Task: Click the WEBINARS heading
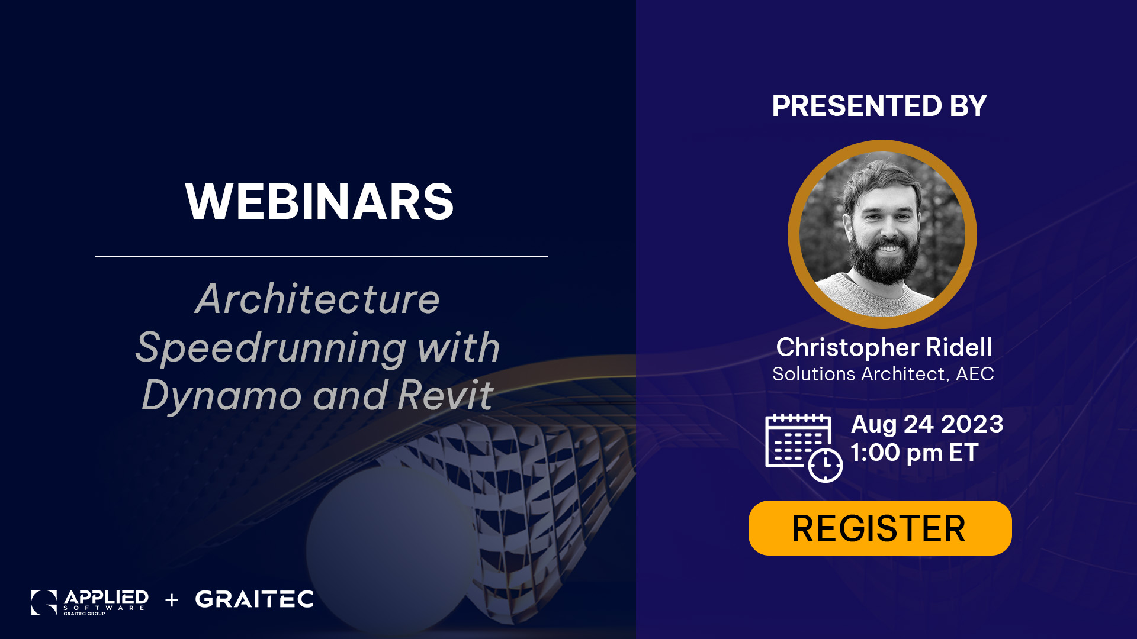pyautogui.click(x=319, y=202)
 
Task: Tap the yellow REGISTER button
pyautogui.click(x=880, y=528)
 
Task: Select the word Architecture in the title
pyautogui.click(x=317, y=299)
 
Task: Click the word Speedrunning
pyautogui.click(x=271, y=348)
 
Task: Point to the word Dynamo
pyautogui.click(x=222, y=395)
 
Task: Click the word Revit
pyautogui.click(x=445, y=395)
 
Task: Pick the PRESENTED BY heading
pyautogui.click(x=879, y=106)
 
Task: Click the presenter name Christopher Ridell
pyautogui.click(x=884, y=347)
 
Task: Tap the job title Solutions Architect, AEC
pyautogui.click(x=883, y=374)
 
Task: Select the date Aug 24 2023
pyautogui.click(x=927, y=424)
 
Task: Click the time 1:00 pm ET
pyautogui.click(x=914, y=453)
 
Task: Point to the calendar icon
pyautogui.click(x=804, y=447)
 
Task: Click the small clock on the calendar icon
pyautogui.click(x=826, y=465)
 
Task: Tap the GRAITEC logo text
pyautogui.click(x=255, y=599)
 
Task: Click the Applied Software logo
pyautogui.click(x=89, y=602)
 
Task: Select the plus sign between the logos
pyautogui.click(x=172, y=600)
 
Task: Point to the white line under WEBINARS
pyautogui.click(x=322, y=256)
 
